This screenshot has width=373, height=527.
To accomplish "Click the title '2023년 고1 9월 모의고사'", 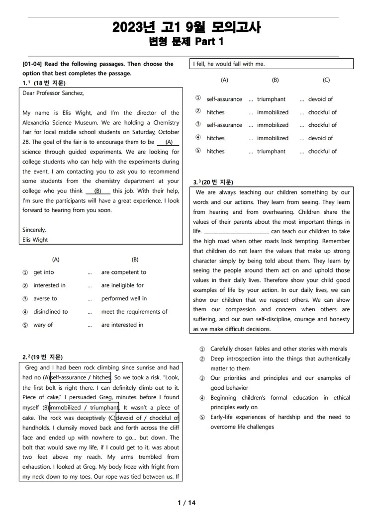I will [186, 27].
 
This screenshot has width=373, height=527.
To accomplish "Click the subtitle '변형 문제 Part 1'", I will [186, 42].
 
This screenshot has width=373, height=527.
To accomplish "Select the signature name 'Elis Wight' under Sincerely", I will [35, 240].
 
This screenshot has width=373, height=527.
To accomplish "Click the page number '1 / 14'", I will [186, 503].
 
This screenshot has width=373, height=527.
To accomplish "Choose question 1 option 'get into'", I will [44, 272].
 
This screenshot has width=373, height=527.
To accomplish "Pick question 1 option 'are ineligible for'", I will [122, 285].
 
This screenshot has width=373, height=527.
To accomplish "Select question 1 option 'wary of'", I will [43, 325].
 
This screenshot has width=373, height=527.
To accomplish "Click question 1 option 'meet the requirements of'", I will [134, 312].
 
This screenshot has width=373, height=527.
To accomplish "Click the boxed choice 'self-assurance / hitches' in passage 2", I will [81, 378].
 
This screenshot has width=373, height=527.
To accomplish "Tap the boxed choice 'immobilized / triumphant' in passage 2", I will [84, 408].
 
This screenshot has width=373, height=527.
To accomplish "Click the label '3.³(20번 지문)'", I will [213, 182].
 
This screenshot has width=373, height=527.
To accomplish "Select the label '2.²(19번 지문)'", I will [43, 357].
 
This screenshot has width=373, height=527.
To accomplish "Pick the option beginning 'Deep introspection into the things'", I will [280, 359].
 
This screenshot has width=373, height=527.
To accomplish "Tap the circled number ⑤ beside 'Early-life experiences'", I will [202, 417].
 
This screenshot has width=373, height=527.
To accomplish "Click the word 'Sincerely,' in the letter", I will [34, 230].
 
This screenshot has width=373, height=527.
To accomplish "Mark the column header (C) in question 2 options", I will [326, 80].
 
